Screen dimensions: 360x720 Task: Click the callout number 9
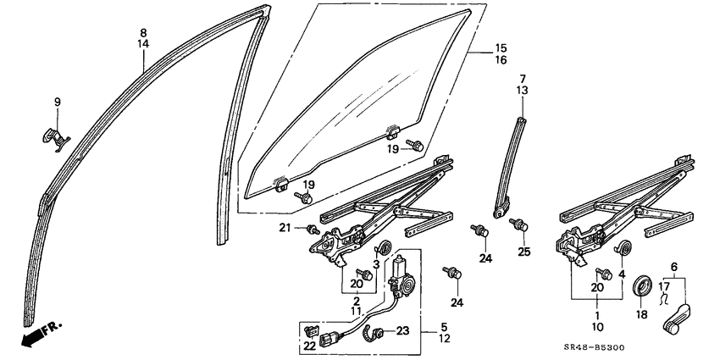click(58, 102)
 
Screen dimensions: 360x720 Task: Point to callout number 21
click(286, 227)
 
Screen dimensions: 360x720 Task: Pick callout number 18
click(640, 313)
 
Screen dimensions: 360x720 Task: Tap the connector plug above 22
click(311, 329)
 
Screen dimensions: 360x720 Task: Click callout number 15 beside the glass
click(501, 47)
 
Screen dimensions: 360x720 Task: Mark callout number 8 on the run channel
click(143, 32)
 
